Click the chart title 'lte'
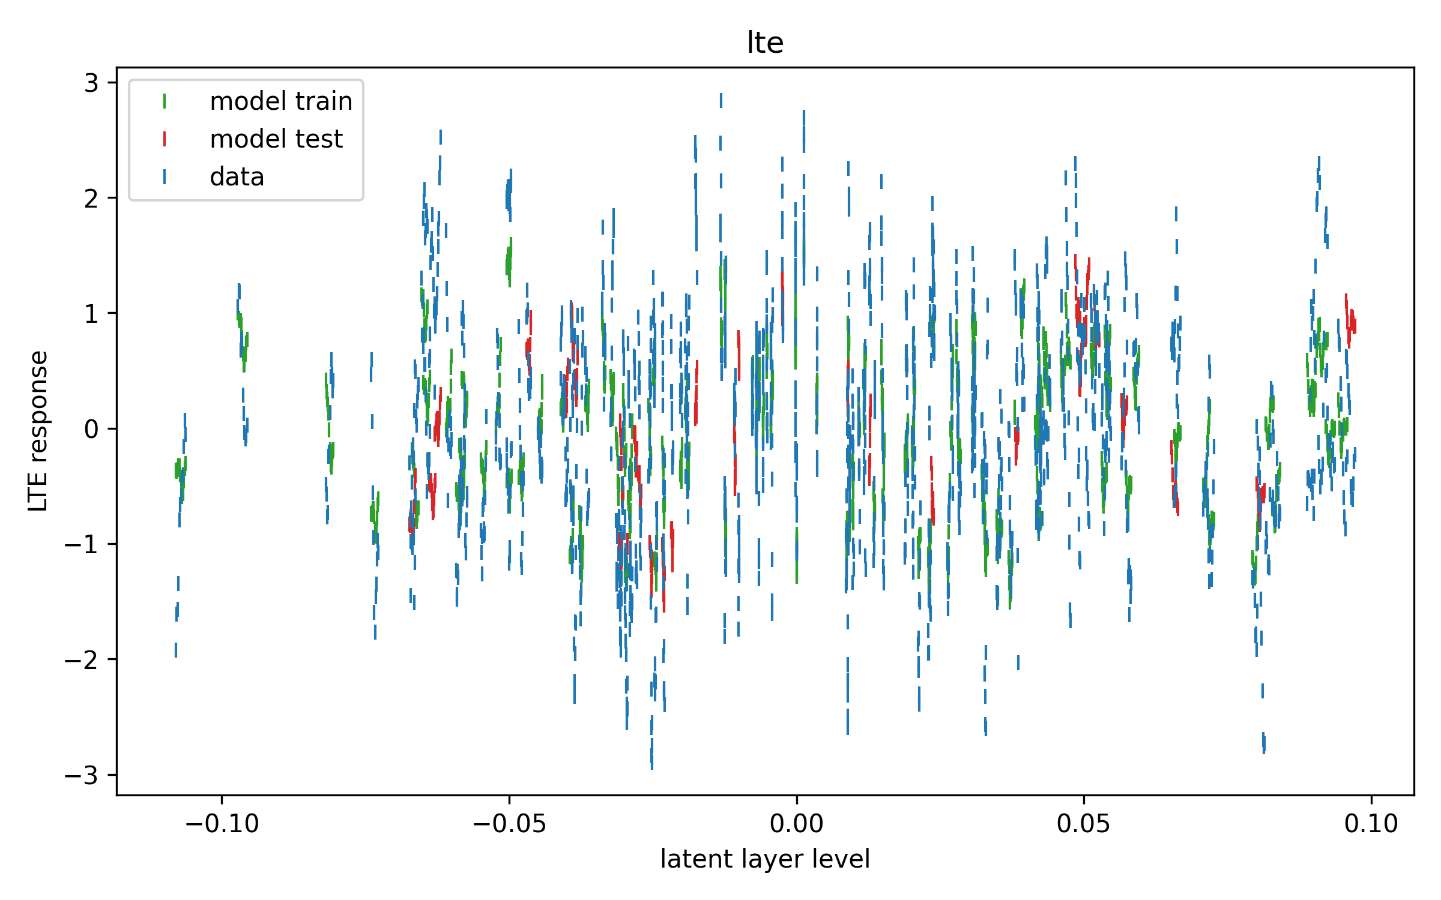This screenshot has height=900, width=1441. coord(765,43)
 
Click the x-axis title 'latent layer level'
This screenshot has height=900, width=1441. coord(765,859)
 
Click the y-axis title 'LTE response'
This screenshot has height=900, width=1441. coord(38,431)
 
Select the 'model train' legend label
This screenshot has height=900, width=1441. coord(281,101)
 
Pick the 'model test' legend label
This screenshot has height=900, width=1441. coord(276,139)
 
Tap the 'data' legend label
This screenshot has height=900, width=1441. coord(237,177)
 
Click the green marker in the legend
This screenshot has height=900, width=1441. coord(165,101)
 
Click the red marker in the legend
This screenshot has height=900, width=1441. coord(165,139)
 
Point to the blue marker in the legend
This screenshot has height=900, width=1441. coord(165,177)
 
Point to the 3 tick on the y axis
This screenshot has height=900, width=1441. coord(91,83)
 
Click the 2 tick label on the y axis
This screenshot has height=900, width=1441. coord(91,199)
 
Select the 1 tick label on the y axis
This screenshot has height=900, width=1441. coord(91,314)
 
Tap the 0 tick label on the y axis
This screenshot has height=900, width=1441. coord(91,429)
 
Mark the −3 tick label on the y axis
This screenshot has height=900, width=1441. coord(82,775)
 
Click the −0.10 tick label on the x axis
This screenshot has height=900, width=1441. coord(222,824)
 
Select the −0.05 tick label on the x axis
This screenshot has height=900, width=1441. coord(509,824)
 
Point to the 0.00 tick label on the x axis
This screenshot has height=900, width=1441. coord(797,824)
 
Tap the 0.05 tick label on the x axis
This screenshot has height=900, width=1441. coord(1084,824)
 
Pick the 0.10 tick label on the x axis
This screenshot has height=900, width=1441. coord(1371,824)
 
